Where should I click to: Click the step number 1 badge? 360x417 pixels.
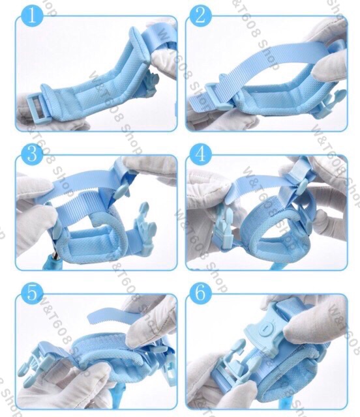[x=32, y=16]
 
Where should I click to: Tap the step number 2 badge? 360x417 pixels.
[x=200, y=16]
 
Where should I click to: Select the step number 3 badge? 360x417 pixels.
[x=32, y=154]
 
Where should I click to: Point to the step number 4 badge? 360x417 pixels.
[x=200, y=154]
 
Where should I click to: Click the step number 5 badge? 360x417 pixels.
[x=32, y=293]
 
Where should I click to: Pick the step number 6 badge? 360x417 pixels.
[x=200, y=293]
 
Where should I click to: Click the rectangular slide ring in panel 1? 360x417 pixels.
[x=37, y=109]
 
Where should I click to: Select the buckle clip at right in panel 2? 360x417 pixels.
[x=329, y=104]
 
